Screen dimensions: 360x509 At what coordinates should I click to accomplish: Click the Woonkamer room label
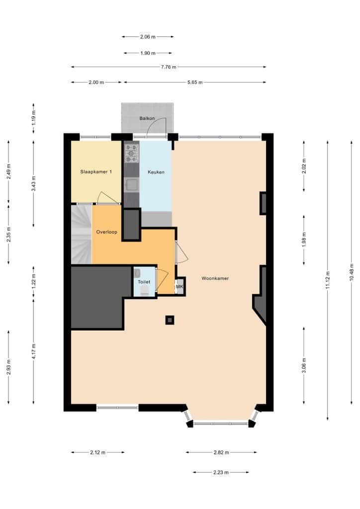(x=215, y=278)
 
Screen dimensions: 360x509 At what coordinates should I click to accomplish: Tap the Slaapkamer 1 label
(x=96, y=171)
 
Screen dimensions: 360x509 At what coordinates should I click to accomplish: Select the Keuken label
(x=156, y=172)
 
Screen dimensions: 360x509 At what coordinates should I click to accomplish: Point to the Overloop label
(x=106, y=232)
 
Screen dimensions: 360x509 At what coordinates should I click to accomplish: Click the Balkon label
(x=147, y=118)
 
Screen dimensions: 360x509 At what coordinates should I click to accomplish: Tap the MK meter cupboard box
(x=180, y=287)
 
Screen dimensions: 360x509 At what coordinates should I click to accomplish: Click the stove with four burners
(x=131, y=153)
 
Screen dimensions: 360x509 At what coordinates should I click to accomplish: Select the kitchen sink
(x=131, y=185)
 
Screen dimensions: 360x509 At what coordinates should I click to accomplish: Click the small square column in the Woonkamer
(x=170, y=320)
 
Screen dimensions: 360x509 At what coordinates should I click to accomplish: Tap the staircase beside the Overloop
(x=82, y=234)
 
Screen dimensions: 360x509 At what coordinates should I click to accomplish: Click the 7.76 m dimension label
(x=169, y=67)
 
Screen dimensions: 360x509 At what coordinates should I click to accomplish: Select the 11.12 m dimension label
(x=328, y=280)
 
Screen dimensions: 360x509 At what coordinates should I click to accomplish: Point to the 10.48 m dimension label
(x=351, y=272)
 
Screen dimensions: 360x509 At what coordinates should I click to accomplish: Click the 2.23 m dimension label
(x=221, y=472)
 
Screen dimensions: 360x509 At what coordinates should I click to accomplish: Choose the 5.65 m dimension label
(x=195, y=82)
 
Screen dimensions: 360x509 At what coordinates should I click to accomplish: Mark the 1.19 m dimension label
(x=33, y=118)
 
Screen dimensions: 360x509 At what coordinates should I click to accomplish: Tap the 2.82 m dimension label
(x=221, y=452)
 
